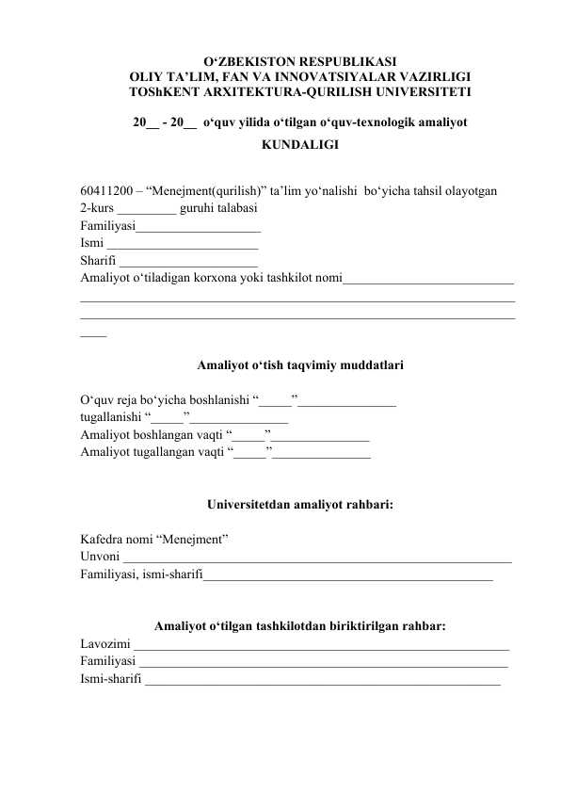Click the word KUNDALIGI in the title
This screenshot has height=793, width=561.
[x=300, y=146]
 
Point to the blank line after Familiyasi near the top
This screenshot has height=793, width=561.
[x=199, y=229]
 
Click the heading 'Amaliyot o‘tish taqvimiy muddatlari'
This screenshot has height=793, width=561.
[x=300, y=363]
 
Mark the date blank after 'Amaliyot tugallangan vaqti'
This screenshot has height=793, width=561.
[x=321, y=454]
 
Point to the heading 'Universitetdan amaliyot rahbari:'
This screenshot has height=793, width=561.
[x=299, y=502]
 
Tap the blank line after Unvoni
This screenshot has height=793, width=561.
[x=311, y=559]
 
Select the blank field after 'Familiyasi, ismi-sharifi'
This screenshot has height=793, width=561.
[x=348, y=577]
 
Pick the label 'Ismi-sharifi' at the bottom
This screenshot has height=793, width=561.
[x=110, y=680]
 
